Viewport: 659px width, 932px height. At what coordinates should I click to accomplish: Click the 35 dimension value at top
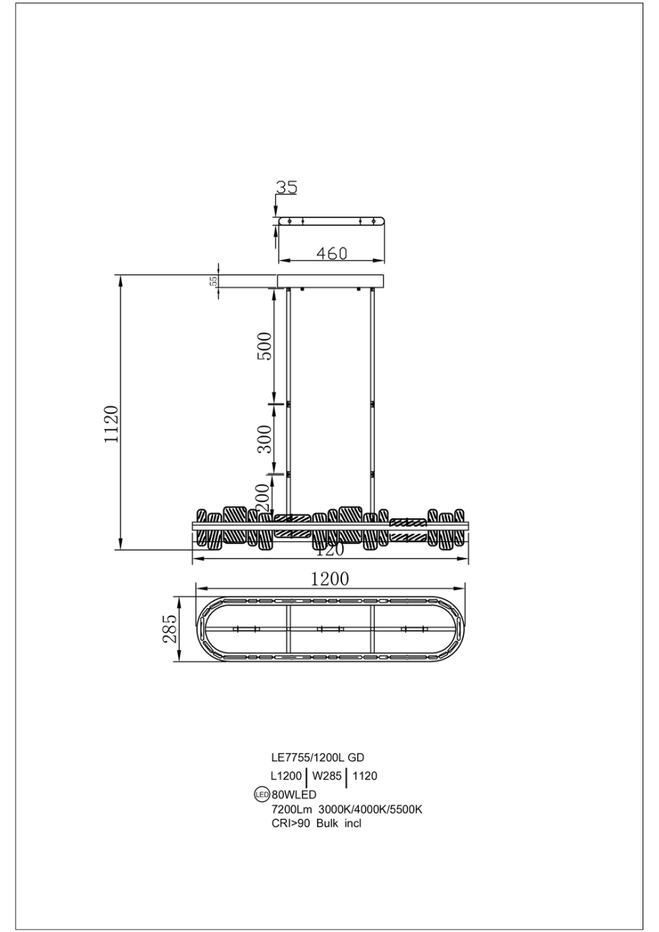pyautogui.click(x=287, y=187)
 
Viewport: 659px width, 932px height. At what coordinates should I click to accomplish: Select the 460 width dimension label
pyautogui.click(x=332, y=253)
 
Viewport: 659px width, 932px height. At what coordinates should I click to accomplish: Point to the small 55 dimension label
pyautogui.click(x=213, y=281)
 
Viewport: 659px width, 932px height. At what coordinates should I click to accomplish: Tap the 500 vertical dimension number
pyautogui.click(x=265, y=347)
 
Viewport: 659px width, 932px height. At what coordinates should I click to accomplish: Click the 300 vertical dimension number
pyautogui.click(x=265, y=439)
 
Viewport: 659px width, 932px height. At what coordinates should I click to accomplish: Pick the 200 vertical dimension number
pyautogui.click(x=262, y=495)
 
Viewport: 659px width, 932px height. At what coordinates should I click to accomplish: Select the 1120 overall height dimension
pyautogui.click(x=110, y=424)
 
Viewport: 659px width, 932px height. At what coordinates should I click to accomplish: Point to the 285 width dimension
pyautogui.click(x=170, y=628)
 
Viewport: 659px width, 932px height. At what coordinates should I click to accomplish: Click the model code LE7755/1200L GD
pyautogui.click(x=313, y=757)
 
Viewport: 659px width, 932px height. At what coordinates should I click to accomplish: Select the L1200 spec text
pyautogui.click(x=285, y=776)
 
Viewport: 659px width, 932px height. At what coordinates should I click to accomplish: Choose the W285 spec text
pyautogui.click(x=326, y=776)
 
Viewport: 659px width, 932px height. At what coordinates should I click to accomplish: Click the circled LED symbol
pyautogui.click(x=262, y=794)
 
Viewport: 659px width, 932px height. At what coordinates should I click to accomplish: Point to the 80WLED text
pyautogui.click(x=294, y=794)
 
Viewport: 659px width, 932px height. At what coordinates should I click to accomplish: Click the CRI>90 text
pyautogui.click(x=287, y=823)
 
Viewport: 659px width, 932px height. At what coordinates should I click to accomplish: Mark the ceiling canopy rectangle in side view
pyautogui.click(x=331, y=280)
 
